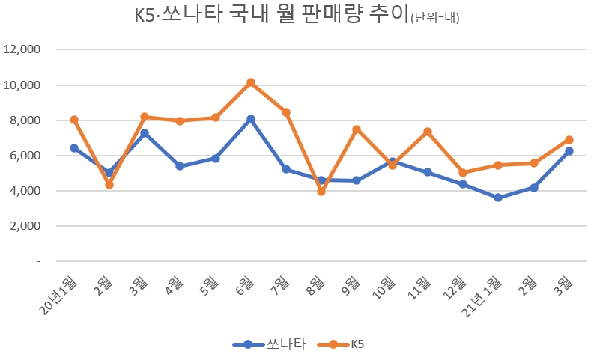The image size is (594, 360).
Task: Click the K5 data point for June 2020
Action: coord(251,82)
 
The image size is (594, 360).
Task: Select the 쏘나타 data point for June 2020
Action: coord(251,119)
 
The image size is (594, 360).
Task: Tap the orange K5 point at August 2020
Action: coord(321,192)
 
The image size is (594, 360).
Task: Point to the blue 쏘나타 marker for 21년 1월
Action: coord(498,198)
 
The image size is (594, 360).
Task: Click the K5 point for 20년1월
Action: coord(74,120)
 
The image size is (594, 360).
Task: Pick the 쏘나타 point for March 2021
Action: coord(569,151)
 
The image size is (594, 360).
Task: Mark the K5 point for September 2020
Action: coord(357,129)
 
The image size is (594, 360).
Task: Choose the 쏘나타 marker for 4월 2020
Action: coord(180,166)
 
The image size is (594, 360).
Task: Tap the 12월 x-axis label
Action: coord(455,287)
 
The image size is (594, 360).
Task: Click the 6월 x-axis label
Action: coord(244,284)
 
